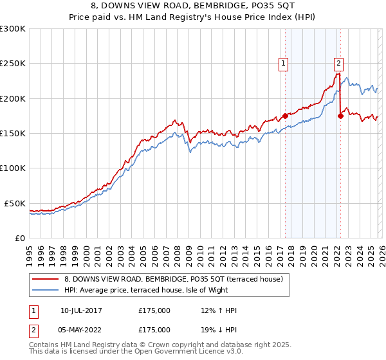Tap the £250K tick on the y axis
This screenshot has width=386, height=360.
pos(13,64)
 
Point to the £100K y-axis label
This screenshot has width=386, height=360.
pos(13,168)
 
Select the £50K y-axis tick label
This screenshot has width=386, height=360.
pos(15,203)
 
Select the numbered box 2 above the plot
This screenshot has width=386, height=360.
pos(338,63)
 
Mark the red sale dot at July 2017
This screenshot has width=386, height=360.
pos(285,116)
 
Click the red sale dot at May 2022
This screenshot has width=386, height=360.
pos(340,116)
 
